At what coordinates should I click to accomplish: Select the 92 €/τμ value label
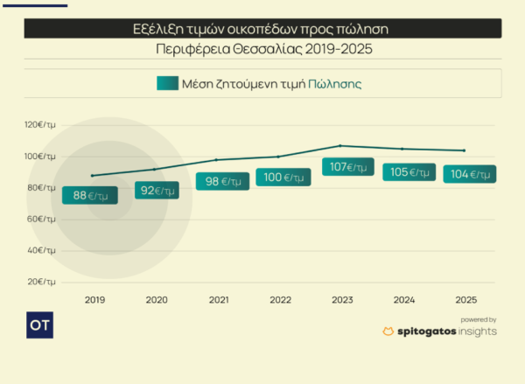(x=157, y=190)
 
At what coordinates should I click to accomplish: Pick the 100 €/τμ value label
(x=283, y=178)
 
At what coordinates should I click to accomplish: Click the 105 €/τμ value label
(x=409, y=172)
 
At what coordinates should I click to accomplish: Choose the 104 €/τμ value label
(x=469, y=174)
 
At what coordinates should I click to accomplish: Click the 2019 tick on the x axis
(x=94, y=300)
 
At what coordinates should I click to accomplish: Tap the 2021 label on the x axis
(x=219, y=300)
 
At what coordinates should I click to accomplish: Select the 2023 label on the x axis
(x=342, y=300)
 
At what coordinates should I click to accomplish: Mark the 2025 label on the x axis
(x=466, y=300)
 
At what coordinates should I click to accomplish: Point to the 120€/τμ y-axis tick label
(x=41, y=125)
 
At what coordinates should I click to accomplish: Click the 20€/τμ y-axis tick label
(x=42, y=282)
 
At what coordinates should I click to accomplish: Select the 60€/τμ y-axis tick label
(x=41, y=219)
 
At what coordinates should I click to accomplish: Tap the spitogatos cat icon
(x=388, y=332)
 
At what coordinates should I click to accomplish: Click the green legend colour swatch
(x=167, y=84)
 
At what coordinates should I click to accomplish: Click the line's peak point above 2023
(x=341, y=146)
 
